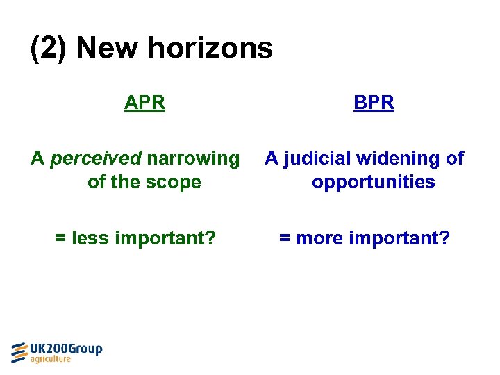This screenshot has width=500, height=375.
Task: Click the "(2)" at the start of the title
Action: coord(49,49)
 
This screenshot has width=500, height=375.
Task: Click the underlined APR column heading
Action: coord(144,103)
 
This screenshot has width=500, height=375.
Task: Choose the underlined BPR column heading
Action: coord(374,103)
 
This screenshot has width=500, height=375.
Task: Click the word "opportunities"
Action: coord(374,182)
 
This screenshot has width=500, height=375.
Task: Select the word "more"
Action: coord(319,238)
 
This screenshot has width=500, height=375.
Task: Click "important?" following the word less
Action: coord(165,238)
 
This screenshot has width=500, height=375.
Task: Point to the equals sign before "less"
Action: coord(60,239)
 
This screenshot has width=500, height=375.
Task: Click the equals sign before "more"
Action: coord(285,239)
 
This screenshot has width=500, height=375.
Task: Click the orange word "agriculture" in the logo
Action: coord(51,360)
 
